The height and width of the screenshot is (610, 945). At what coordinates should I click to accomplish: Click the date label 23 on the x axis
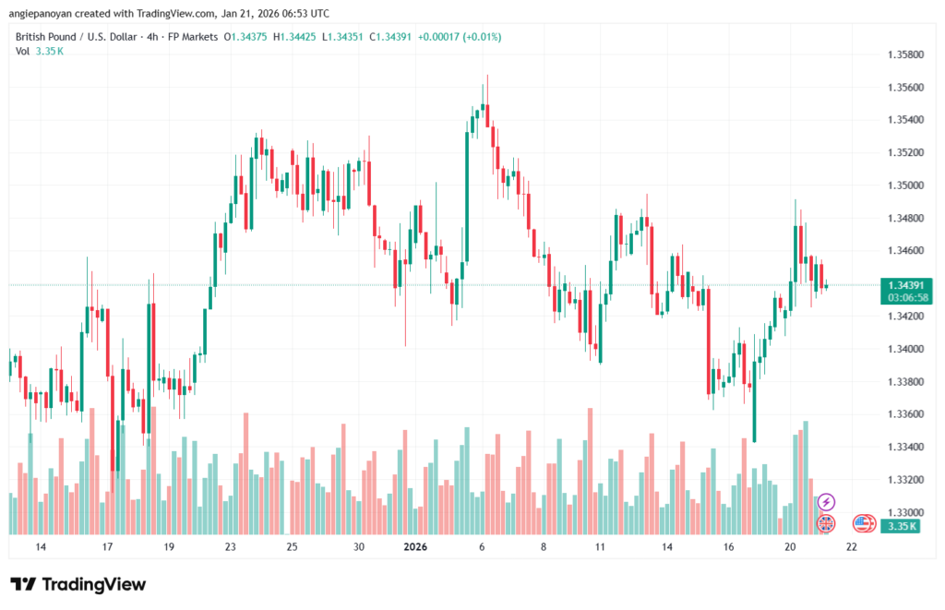click(x=231, y=547)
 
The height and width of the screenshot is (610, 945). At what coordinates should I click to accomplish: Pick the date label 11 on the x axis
click(x=600, y=547)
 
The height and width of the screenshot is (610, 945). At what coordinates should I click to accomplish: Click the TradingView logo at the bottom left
click(x=78, y=584)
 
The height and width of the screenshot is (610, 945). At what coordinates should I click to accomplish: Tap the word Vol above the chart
click(x=22, y=52)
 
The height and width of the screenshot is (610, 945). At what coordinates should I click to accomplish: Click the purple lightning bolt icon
click(x=827, y=502)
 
